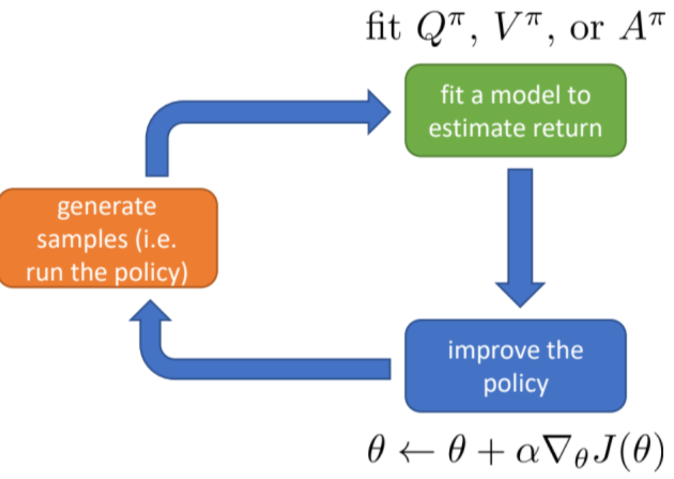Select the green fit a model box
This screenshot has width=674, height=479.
tap(515, 111)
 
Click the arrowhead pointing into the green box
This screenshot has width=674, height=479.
tap(378, 111)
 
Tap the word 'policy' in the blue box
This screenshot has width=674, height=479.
tap(515, 383)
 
